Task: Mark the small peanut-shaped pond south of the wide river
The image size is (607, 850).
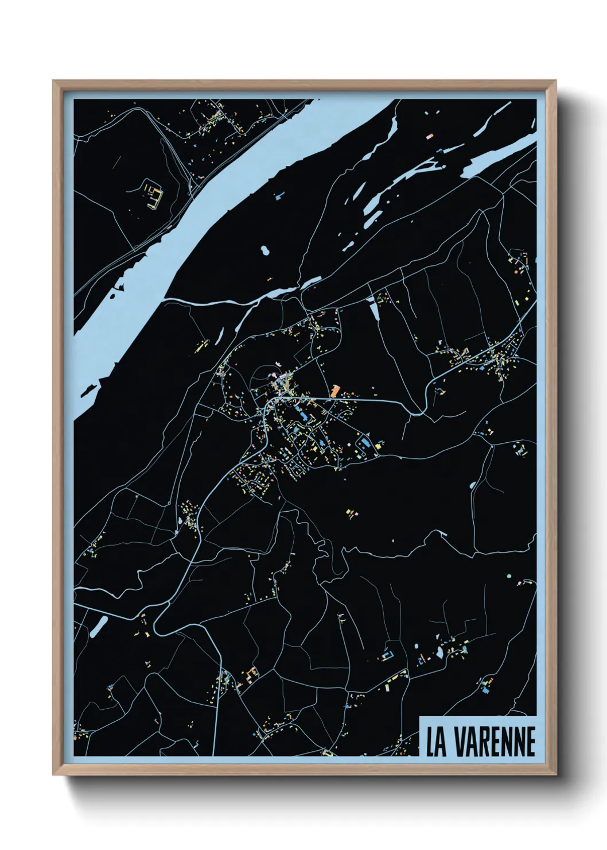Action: pyautogui.click(x=264, y=251)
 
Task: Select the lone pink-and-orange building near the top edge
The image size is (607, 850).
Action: pyautogui.click(x=430, y=136)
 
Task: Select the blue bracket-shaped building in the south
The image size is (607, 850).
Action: pyautogui.click(x=388, y=654)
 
